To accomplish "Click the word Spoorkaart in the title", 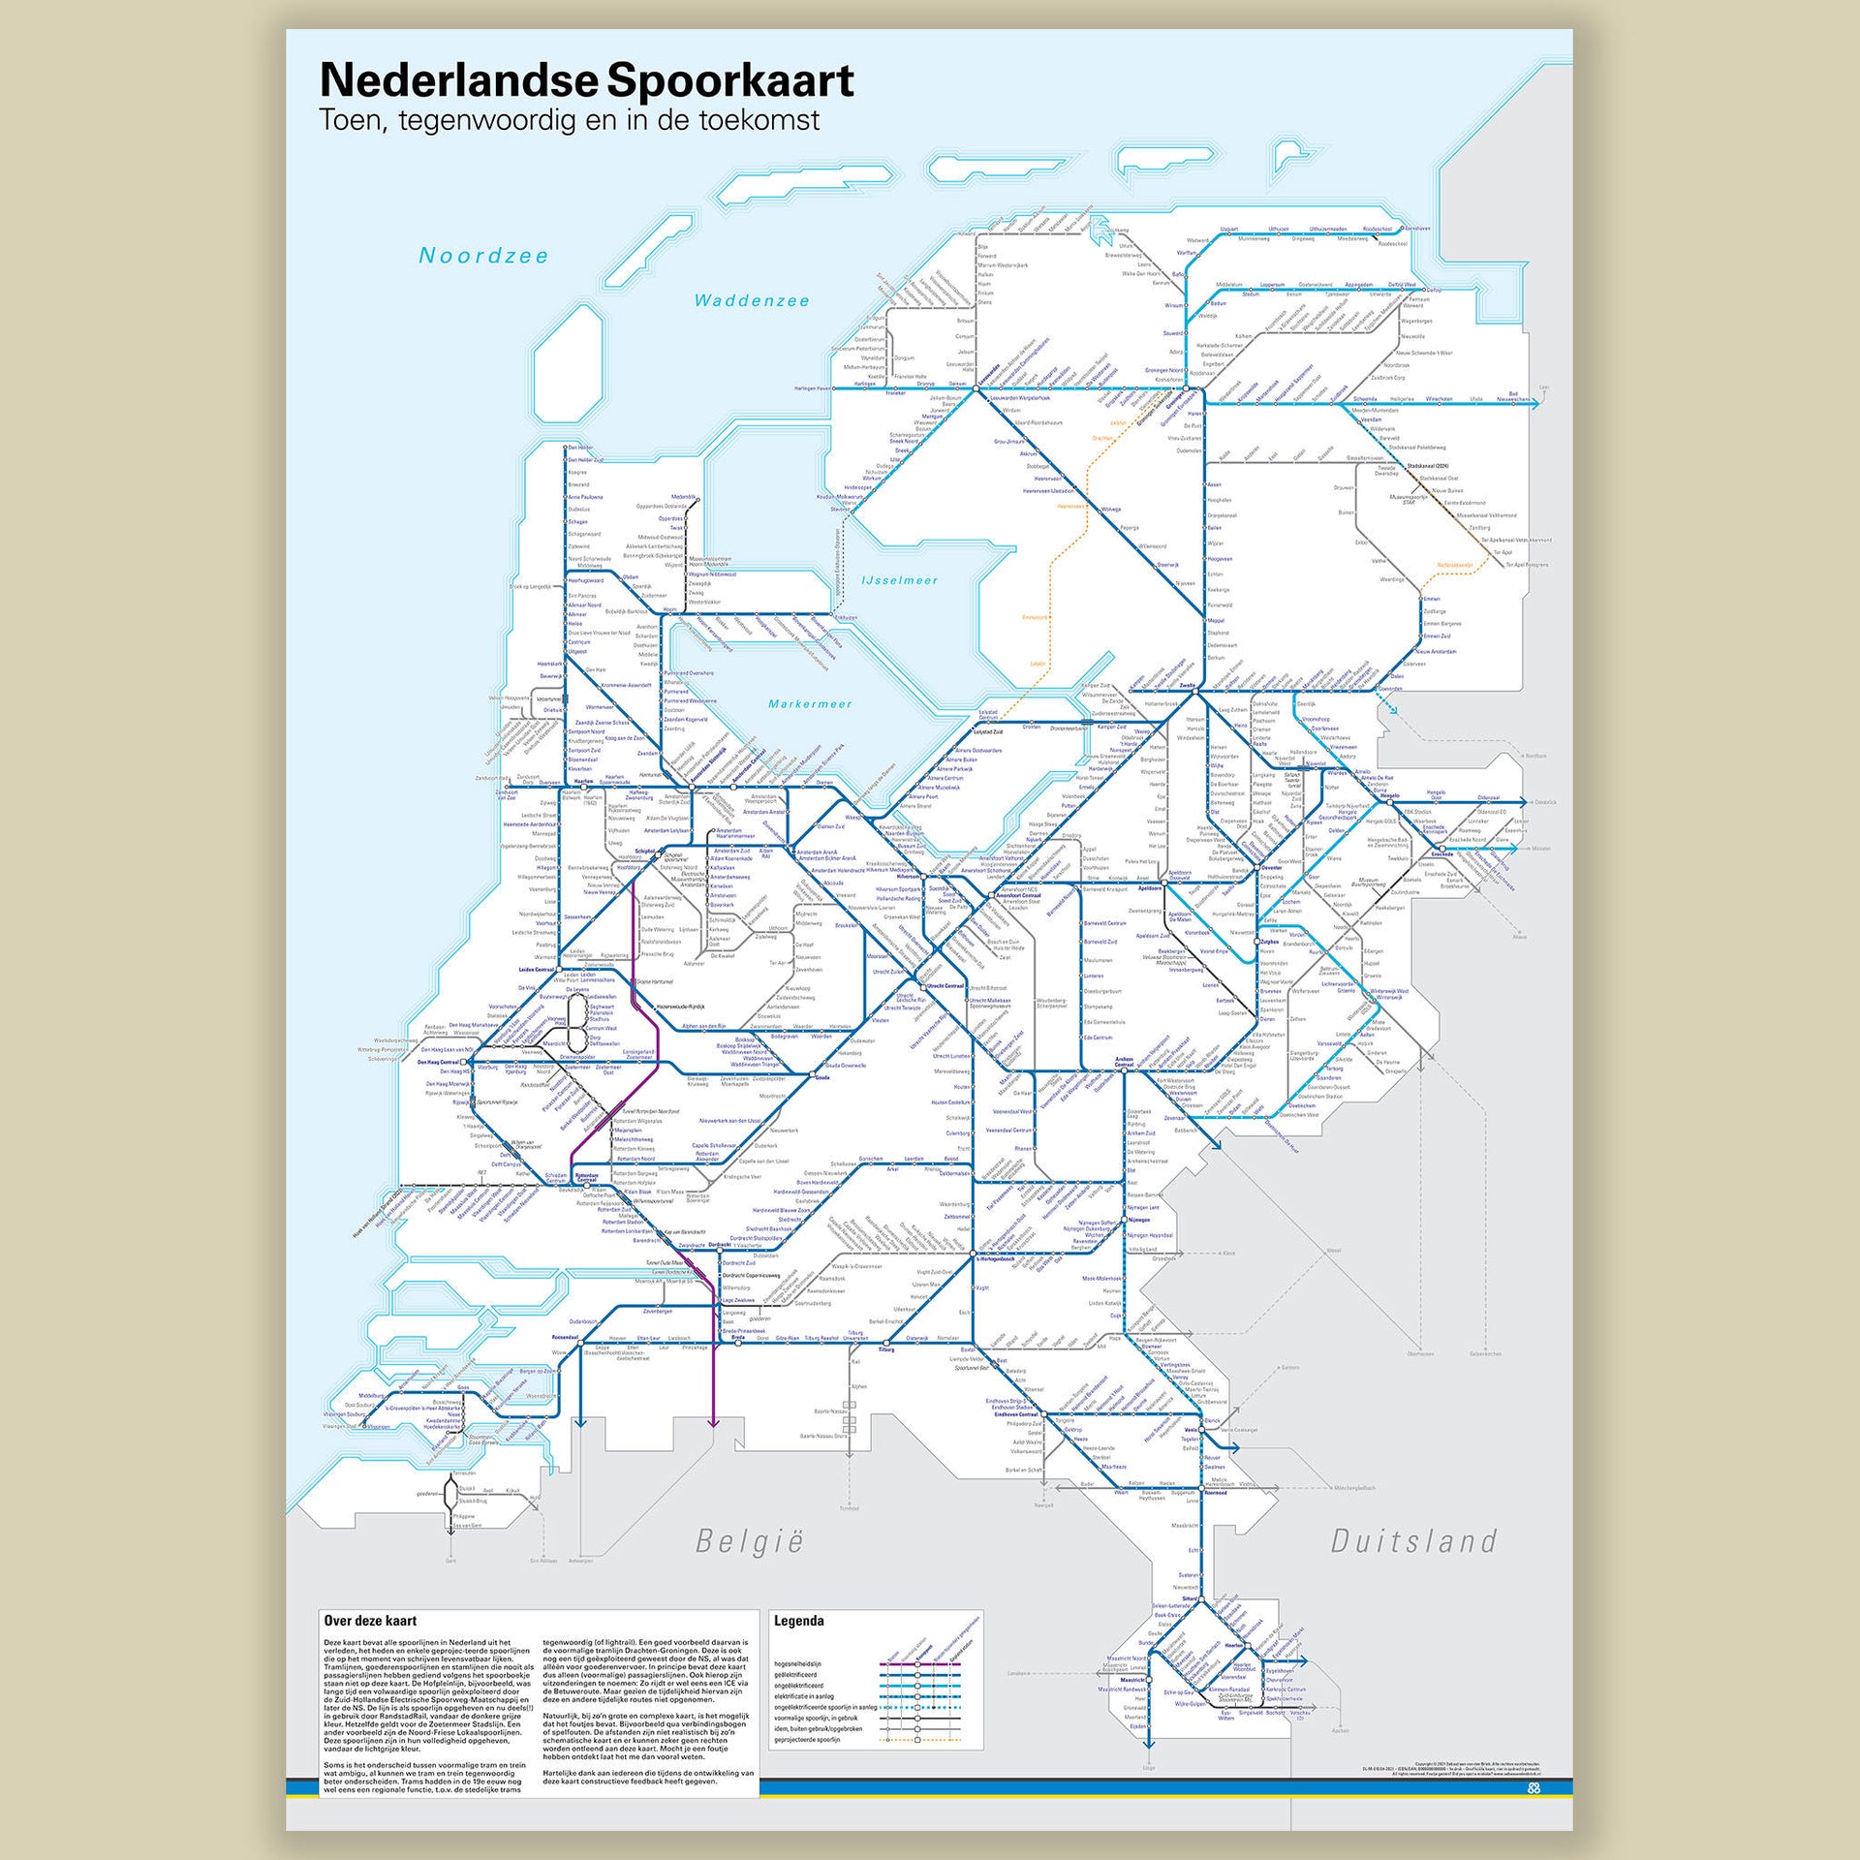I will pyautogui.click(x=731, y=80).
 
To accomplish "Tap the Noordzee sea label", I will pyautogui.click(x=483, y=256).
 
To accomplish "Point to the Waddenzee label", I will pyautogui.click(x=752, y=301).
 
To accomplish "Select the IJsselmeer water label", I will pyautogui.click(x=899, y=580).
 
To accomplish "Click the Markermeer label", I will pyautogui.click(x=810, y=704).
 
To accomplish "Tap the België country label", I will pyautogui.click(x=750, y=1541).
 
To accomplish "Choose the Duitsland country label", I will pyautogui.click(x=1413, y=1540).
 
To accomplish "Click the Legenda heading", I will pyautogui.click(x=799, y=1621).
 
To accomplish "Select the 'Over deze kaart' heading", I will pyautogui.click(x=370, y=1621).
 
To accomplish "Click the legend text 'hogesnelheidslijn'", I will pyautogui.click(x=797, y=1664).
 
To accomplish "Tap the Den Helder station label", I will pyautogui.click(x=580, y=448).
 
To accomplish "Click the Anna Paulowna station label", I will pyautogui.click(x=585, y=497).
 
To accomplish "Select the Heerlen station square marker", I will pyautogui.click(x=1246, y=1646).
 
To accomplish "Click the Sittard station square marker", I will pyautogui.click(x=1201, y=1599).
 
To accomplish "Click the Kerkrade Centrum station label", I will pyautogui.click(x=1286, y=1689).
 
